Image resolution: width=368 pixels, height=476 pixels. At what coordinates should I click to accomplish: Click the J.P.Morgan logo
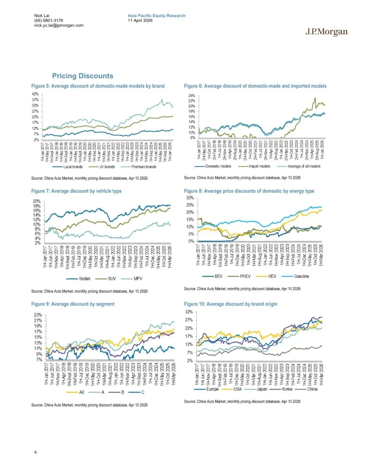coord(326,32)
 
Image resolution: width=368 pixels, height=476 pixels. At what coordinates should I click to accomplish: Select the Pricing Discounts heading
coord(82,76)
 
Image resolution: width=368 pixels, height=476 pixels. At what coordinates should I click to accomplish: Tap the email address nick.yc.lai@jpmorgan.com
coord(59,25)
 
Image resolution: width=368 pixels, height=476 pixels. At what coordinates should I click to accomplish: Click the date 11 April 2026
coord(140,20)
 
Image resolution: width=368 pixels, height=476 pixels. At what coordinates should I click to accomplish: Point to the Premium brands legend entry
coord(143,167)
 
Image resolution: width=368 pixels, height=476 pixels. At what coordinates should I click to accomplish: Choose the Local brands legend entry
coord(73,167)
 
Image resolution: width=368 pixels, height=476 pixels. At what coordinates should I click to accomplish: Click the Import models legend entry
coord(259,166)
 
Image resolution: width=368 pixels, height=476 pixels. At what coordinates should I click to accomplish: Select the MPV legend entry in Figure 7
coord(138,279)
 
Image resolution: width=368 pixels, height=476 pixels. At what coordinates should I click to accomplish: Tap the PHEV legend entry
coord(245,276)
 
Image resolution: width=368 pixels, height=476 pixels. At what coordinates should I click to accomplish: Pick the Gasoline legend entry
coord(301,276)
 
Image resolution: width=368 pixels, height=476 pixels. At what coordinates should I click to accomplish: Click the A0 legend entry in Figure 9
coord(81,392)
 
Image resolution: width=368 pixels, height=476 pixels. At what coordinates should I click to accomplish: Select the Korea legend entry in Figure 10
coord(287,389)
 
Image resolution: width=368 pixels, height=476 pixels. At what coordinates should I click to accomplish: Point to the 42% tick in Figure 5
coord(35,94)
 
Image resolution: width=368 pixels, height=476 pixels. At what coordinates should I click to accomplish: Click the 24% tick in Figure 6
coord(191,96)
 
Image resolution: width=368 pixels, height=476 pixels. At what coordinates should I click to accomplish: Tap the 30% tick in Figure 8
coord(190,198)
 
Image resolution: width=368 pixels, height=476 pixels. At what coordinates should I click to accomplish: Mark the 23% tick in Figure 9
coord(38,315)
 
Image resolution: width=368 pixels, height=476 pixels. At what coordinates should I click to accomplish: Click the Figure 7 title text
coord(76,191)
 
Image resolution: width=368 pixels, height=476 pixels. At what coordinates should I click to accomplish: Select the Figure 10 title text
coord(231,304)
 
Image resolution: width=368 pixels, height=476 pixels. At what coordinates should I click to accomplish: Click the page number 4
coord(35,452)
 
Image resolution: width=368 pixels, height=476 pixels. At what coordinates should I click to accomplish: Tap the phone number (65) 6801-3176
coord(48,20)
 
